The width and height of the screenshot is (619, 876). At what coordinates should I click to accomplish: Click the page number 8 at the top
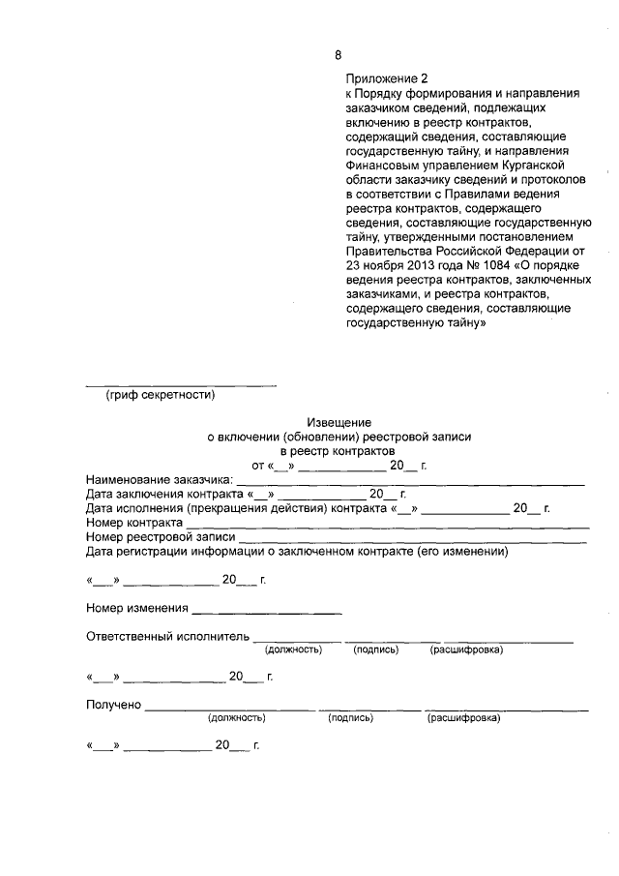[x=339, y=54]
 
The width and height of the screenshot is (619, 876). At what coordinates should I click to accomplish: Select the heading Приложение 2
[x=386, y=78]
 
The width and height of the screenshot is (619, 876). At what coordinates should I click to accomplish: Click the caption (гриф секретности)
[x=161, y=394]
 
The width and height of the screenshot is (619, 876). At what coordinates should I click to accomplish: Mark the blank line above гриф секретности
[x=181, y=385]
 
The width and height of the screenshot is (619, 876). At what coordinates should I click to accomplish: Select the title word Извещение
[x=339, y=423]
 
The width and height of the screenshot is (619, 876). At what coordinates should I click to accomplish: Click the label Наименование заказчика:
[x=159, y=480]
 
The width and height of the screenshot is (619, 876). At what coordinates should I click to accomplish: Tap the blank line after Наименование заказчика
[x=410, y=483]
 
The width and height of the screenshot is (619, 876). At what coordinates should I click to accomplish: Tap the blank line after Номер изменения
[x=267, y=612]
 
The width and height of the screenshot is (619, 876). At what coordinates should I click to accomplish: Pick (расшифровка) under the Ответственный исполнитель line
[x=466, y=649]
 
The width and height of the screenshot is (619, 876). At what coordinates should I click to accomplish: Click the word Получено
[x=113, y=706]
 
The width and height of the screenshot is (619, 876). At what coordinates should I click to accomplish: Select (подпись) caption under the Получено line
[x=350, y=718]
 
